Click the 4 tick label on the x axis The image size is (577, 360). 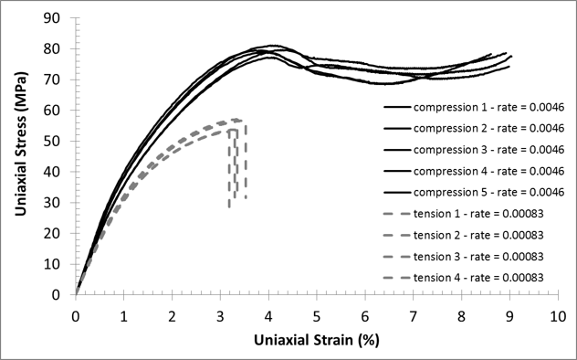pos(268,315)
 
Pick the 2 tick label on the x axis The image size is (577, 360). pos(173,315)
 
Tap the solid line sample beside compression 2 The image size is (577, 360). pos(395,128)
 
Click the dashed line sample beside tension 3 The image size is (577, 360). pos(395,256)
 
